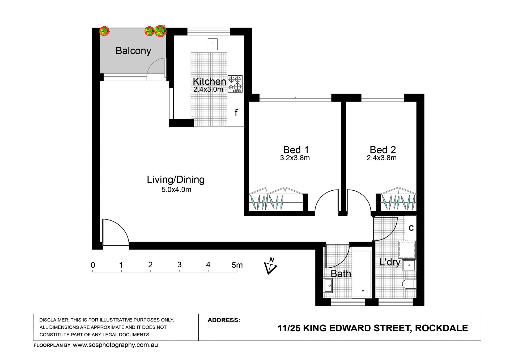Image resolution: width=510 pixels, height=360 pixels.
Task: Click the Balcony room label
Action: (x=133, y=51)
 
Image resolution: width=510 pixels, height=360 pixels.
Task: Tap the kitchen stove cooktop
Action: (x=235, y=84)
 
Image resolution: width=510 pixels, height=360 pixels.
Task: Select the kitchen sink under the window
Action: (x=212, y=44)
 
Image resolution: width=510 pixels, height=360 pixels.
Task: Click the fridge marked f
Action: (x=236, y=113)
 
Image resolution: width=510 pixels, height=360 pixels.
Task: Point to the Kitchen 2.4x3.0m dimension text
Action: (x=208, y=89)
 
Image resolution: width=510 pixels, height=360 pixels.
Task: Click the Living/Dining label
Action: (x=176, y=180)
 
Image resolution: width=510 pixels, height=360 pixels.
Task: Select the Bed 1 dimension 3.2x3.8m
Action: (x=295, y=158)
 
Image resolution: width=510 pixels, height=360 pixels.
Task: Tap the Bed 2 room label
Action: (x=383, y=150)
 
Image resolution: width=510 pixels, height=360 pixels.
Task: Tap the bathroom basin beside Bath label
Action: (x=328, y=286)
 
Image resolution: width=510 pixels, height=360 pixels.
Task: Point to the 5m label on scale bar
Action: (x=237, y=265)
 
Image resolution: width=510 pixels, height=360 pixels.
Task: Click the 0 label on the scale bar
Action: (x=93, y=265)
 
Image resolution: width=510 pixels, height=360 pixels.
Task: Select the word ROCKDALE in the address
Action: (x=441, y=328)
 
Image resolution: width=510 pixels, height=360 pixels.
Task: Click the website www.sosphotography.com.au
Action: (x=115, y=345)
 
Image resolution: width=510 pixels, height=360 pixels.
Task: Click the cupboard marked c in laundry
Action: (x=411, y=228)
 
